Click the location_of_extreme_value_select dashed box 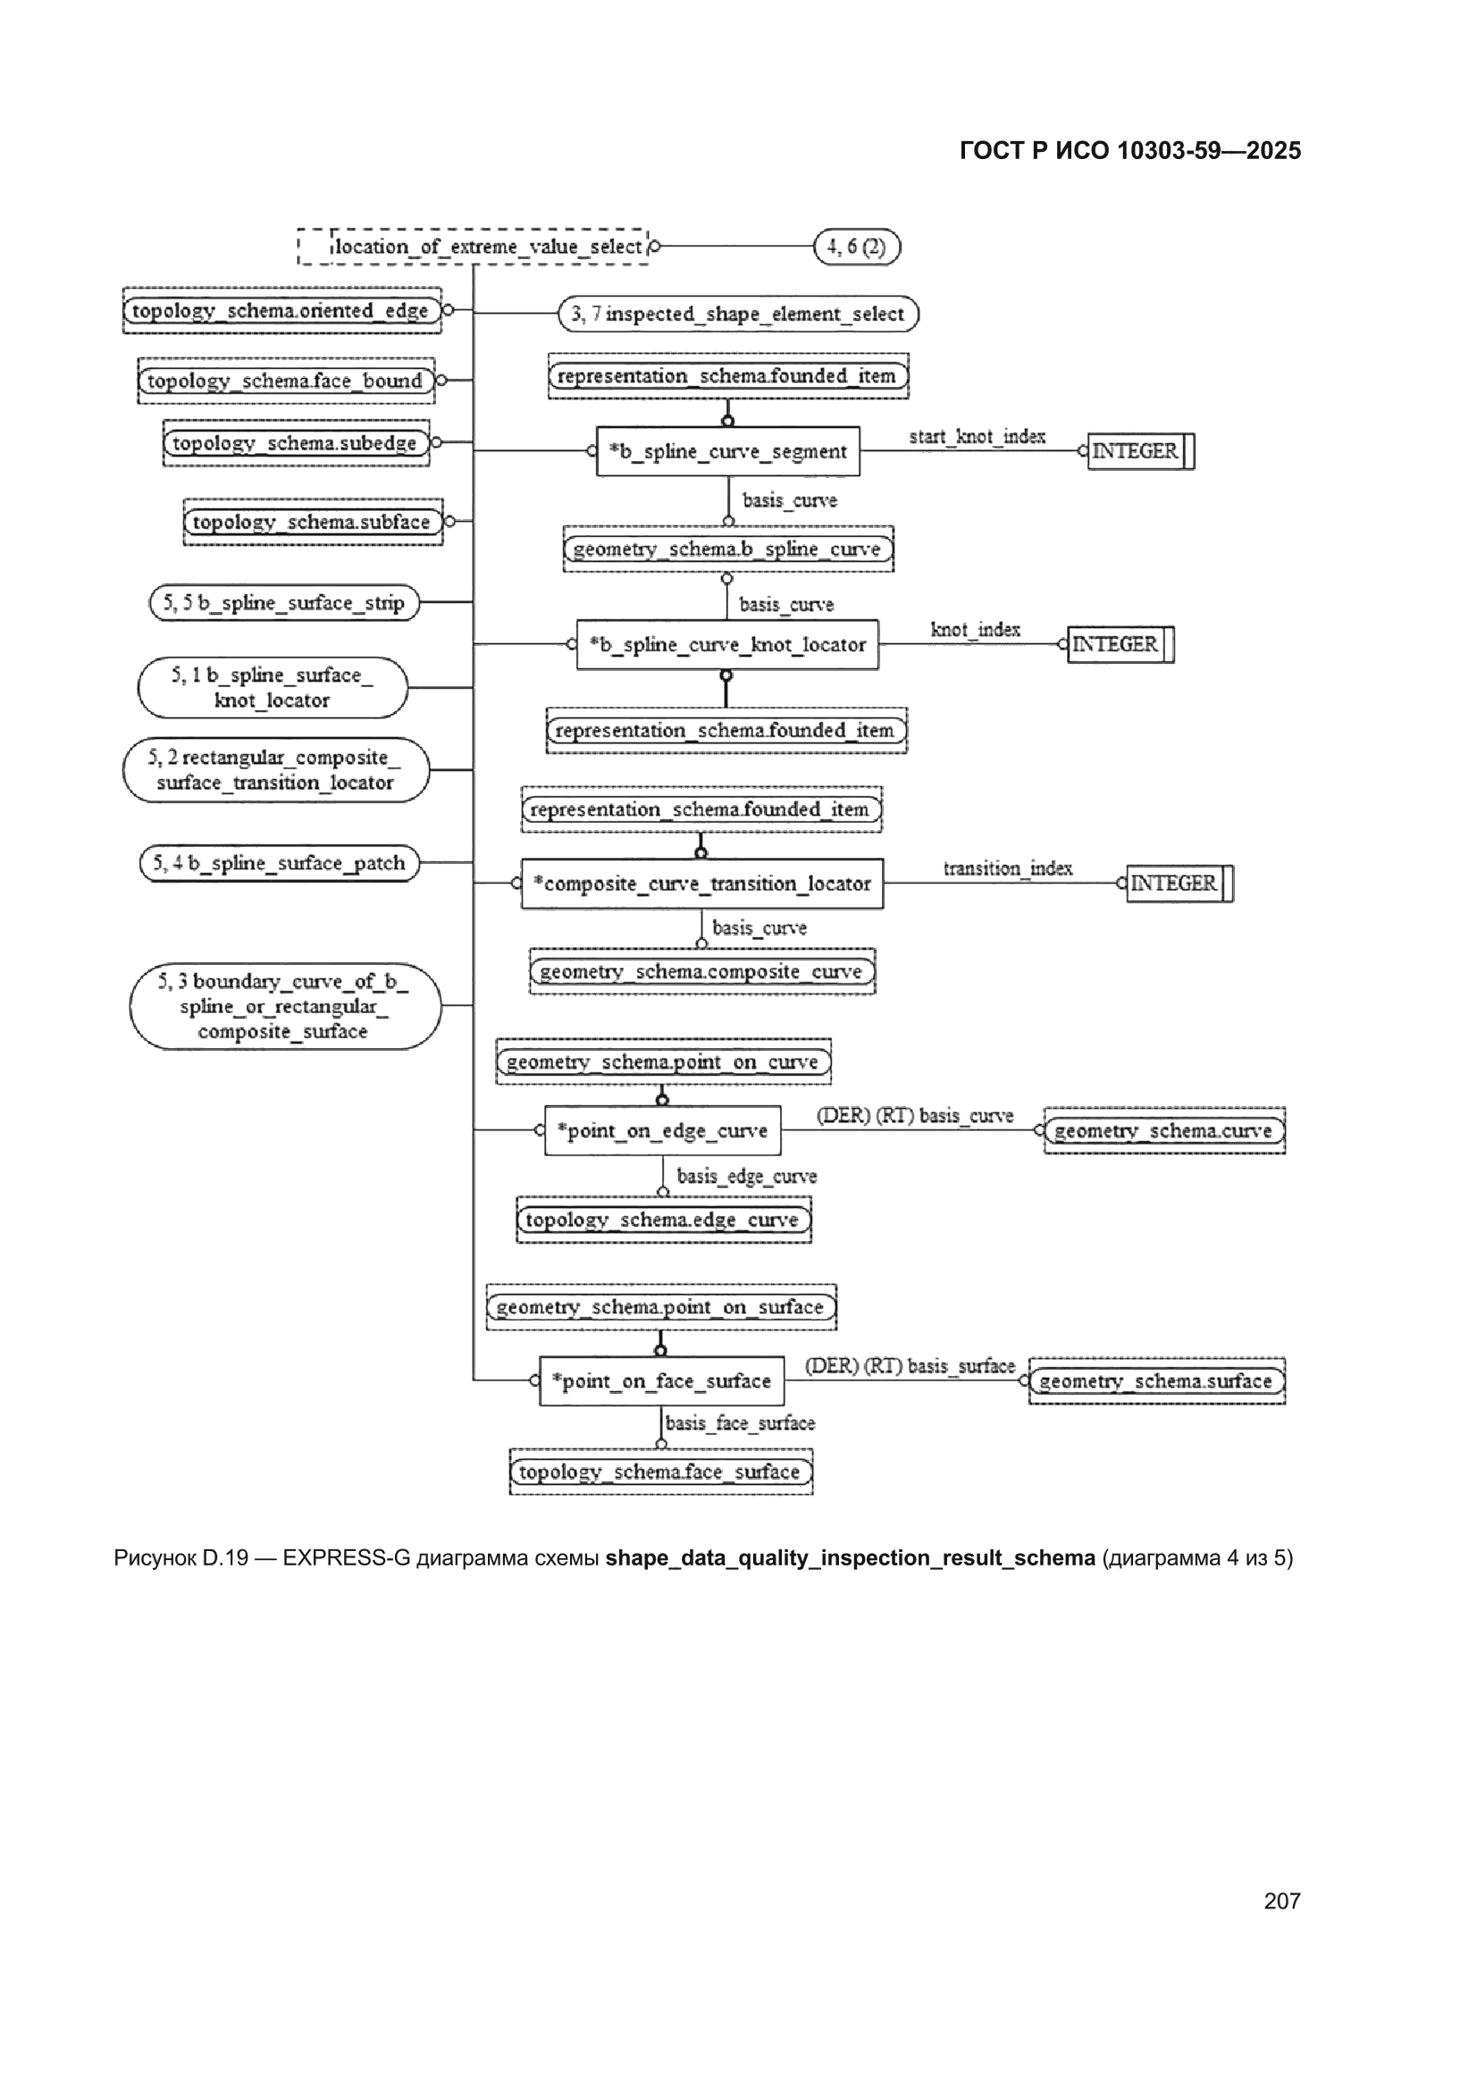pyautogui.click(x=474, y=247)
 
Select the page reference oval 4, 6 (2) pyautogui.click(x=856, y=247)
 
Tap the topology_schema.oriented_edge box pyautogui.click(x=282, y=310)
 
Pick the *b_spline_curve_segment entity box pyautogui.click(x=728, y=451)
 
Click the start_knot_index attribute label pyautogui.click(x=978, y=437)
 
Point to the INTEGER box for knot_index pyautogui.click(x=1120, y=644)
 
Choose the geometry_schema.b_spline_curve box pyautogui.click(x=728, y=549)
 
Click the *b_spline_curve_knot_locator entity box pyautogui.click(x=727, y=644)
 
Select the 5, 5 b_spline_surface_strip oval pyautogui.click(x=284, y=602)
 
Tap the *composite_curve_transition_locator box pyautogui.click(x=701, y=884)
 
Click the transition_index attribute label pyautogui.click(x=1007, y=868)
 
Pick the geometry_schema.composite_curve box pyautogui.click(x=702, y=972)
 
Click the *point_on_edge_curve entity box pyautogui.click(x=662, y=1130)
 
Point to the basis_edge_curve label pyautogui.click(x=746, y=1177)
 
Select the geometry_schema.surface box pyautogui.click(x=1156, y=1381)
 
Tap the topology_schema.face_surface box pyautogui.click(x=660, y=1472)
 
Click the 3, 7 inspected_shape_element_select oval pyautogui.click(x=738, y=314)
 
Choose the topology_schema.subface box pyautogui.click(x=313, y=521)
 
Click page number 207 pyautogui.click(x=1281, y=1900)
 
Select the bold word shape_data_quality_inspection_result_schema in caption pyautogui.click(x=850, y=1557)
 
